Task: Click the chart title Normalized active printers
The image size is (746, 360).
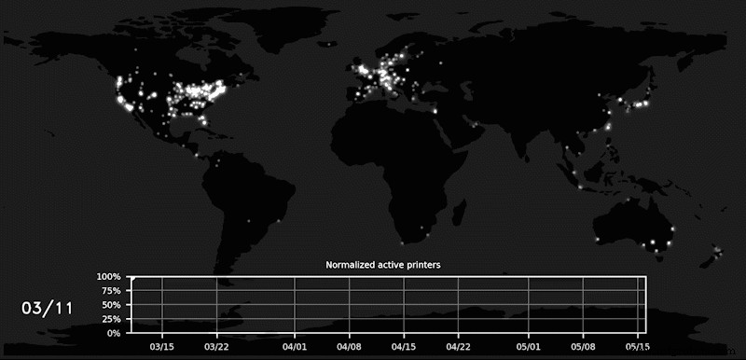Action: point(382,265)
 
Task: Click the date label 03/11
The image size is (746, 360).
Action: point(48,307)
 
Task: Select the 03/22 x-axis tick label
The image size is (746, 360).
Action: point(217,345)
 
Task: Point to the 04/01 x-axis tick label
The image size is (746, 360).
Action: point(295,345)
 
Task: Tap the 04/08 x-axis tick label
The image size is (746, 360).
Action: point(350,345)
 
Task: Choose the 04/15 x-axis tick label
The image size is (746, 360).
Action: point(404,345)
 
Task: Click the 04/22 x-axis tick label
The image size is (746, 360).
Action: point(459,345)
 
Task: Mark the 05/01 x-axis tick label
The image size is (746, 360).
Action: point(529,345)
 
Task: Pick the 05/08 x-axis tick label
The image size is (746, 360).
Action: point(584,345)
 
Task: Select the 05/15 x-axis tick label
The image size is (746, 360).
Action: point(638,345)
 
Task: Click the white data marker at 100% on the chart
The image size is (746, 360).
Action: point(132,278)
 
